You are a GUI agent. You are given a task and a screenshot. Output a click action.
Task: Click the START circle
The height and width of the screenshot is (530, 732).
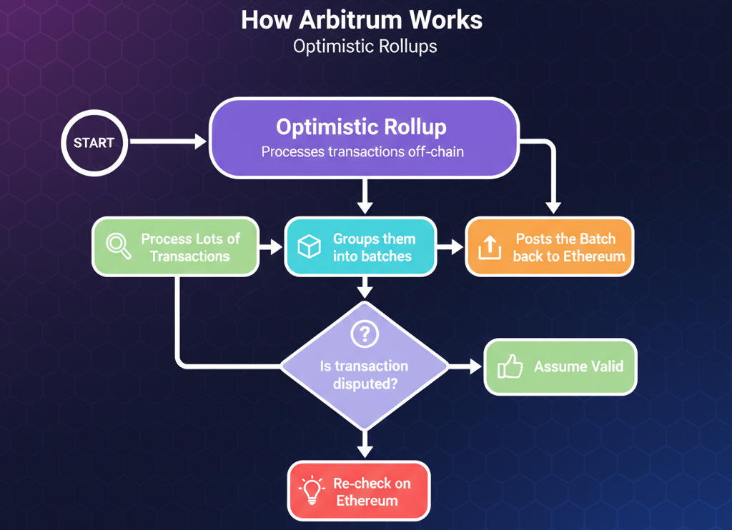94,143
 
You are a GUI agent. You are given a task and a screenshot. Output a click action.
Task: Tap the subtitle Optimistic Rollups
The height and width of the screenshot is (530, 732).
365,47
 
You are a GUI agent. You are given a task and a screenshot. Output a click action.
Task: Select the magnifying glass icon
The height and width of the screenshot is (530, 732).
119,246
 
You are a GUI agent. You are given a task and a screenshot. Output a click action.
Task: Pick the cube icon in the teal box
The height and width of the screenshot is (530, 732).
309,247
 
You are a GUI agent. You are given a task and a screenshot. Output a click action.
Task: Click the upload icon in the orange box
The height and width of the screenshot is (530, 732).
489,247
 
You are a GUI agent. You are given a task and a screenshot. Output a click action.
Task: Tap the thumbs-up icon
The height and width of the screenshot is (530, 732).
510,367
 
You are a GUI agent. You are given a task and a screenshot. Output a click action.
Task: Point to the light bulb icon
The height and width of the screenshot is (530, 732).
312,491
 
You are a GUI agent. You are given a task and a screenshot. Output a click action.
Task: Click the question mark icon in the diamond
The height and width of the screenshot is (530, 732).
365,334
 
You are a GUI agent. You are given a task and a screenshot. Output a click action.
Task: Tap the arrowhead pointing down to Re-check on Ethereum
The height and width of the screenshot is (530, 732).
365,451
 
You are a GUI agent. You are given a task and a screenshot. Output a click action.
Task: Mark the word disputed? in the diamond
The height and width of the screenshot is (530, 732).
365,384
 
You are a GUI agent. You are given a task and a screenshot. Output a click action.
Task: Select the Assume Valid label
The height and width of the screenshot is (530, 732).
578,367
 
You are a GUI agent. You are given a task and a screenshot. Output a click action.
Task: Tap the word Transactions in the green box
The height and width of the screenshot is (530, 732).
189,256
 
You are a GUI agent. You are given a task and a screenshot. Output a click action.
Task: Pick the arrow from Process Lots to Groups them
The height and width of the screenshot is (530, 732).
271,247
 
